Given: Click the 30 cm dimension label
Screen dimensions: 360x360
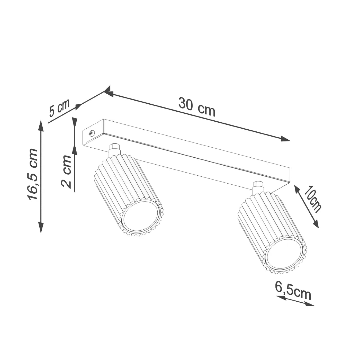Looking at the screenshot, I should [197, 107].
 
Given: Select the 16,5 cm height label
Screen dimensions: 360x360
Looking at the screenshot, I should [33, 174].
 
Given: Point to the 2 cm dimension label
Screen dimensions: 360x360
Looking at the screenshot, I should [66, 172].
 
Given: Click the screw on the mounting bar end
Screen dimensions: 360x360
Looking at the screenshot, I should [92, 133].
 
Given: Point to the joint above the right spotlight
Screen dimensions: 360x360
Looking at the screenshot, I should [258, 188].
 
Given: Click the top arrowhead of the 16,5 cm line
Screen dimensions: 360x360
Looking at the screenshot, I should [41, 125].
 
